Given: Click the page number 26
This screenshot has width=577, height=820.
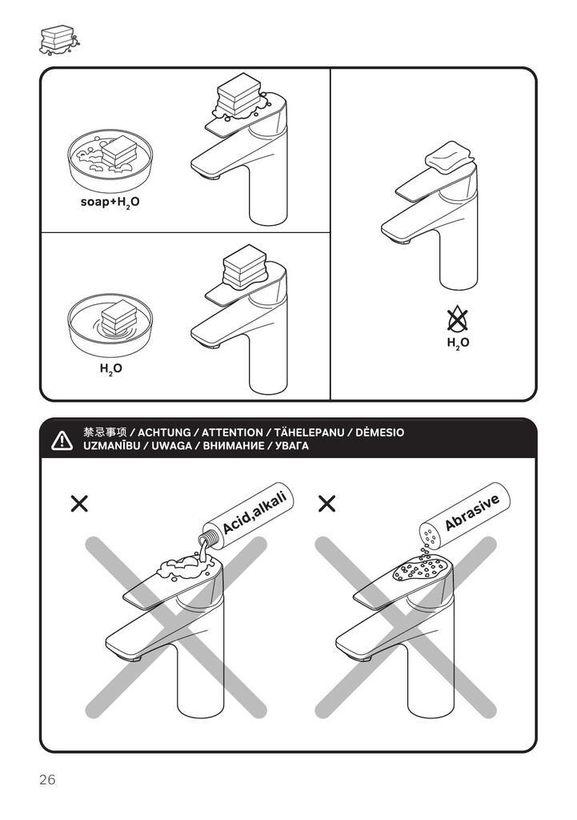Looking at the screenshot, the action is (47, 780).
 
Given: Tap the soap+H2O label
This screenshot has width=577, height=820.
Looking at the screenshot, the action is (110, 203).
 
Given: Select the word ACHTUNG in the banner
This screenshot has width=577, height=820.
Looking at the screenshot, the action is (164, 432).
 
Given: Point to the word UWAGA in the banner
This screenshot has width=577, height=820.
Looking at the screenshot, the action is (171, 446).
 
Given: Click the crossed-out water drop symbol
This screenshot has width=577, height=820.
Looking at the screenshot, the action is (458, 319).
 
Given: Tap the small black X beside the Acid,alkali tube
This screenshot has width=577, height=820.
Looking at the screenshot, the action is (79, 504).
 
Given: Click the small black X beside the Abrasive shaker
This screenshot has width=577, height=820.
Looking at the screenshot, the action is (327, 504).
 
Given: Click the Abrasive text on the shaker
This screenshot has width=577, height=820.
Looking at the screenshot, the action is (472, 512).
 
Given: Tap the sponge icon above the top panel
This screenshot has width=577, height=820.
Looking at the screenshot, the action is (59, 40).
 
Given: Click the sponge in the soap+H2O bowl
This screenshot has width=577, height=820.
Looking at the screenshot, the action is (119, 151).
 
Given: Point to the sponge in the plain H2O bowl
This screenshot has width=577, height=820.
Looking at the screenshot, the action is (119, 317).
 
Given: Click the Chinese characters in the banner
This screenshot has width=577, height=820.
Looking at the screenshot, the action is (105, 432).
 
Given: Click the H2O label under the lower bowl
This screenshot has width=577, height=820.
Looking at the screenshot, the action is (110, 369).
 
